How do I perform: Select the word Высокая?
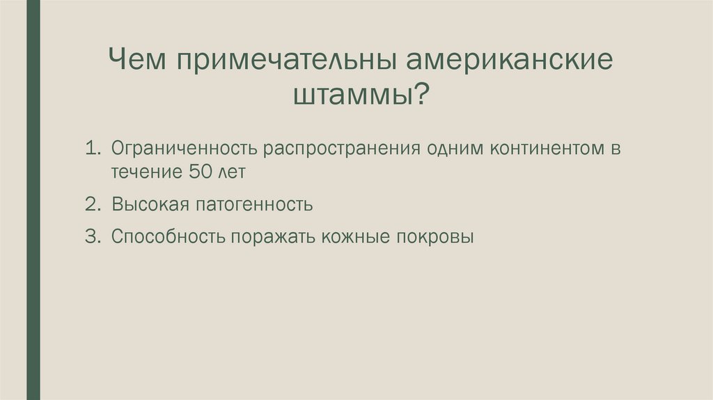coord(147,205)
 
